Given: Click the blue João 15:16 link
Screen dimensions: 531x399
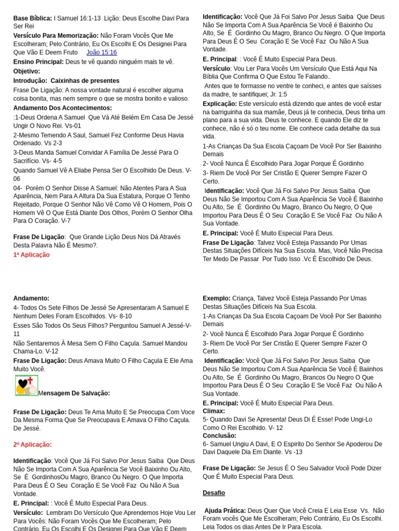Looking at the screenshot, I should (101, 52).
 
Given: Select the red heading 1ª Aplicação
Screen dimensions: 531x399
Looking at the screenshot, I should (32, 255).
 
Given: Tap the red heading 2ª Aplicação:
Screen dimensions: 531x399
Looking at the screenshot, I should (33, 444).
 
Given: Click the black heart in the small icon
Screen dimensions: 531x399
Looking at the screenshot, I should (23, 384).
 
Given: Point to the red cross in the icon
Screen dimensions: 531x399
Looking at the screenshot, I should (30, 381).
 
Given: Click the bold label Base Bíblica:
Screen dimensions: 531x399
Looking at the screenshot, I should (33, 18).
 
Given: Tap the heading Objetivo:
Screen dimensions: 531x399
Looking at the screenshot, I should (26, 71).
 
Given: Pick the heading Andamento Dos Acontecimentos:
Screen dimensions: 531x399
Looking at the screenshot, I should (63, 108).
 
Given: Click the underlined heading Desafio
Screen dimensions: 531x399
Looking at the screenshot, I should (214, 493).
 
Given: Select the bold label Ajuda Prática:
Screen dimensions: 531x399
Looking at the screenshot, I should (225, 510).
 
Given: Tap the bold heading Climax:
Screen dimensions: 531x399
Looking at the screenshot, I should (214, 411).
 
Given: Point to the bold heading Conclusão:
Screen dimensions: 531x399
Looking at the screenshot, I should (219, 436).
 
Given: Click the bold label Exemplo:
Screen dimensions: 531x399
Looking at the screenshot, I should (217, 298).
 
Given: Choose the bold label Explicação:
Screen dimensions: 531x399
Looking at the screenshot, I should (220, 104).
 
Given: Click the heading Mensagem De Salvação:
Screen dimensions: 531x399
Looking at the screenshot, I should (74, 393).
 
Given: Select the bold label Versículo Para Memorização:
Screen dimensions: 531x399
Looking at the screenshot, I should (56, 36).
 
